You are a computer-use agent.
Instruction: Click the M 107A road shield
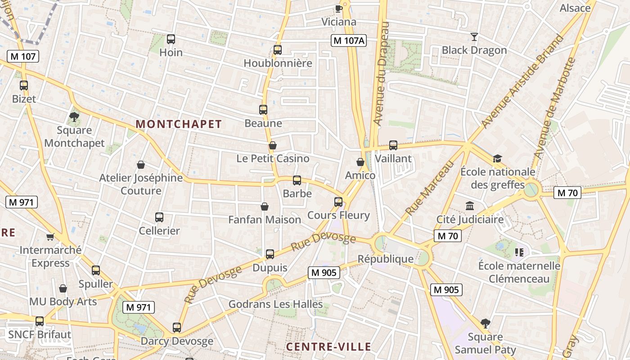[349, 40]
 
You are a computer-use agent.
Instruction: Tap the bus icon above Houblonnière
[278, 50]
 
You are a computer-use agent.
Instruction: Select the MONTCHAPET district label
[179, 124]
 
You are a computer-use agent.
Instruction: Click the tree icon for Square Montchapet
[74, 117]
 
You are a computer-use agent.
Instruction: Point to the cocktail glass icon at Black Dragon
[474, 37]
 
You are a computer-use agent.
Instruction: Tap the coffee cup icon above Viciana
[339, 9]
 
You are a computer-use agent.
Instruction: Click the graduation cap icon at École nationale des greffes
[497, 158]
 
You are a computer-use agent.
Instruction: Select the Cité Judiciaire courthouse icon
[470, 206]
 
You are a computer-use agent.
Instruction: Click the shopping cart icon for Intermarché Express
[50, 237]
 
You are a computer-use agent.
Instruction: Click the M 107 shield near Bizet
[23, 57]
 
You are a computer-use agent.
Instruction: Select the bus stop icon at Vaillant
[393, 145]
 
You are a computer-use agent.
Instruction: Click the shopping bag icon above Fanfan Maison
[265, 207]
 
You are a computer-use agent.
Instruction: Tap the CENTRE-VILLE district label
[328, 347]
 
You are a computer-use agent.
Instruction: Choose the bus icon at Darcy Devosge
[177, 328]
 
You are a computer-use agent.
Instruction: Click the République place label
[385, 259]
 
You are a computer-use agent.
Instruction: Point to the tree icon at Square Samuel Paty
[485, 323]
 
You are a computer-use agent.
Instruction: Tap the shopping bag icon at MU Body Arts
[63, 288]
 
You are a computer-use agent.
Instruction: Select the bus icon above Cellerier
[159, 217]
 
